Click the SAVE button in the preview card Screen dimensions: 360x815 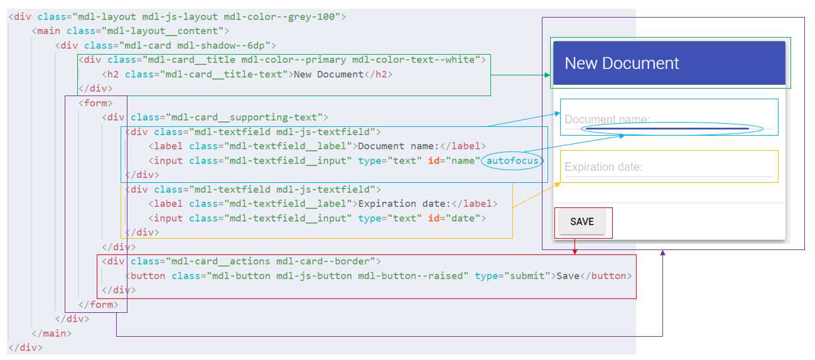click(582, 222)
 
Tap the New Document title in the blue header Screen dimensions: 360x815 click(622, 63)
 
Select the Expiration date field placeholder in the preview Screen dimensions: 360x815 click(603, 167)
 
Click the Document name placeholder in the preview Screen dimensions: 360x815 click(607, 119)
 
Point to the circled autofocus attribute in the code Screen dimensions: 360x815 click(513, 161)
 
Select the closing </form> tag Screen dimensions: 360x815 click(98, 305)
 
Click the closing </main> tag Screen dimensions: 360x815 click(51, 333)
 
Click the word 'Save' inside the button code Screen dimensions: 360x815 click(568, 276)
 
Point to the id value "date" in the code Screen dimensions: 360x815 click(467, 219)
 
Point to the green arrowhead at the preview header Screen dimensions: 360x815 click(548, 75)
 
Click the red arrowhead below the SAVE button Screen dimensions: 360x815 click(575, 251)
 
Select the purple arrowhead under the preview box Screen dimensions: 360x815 click(663, 253)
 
